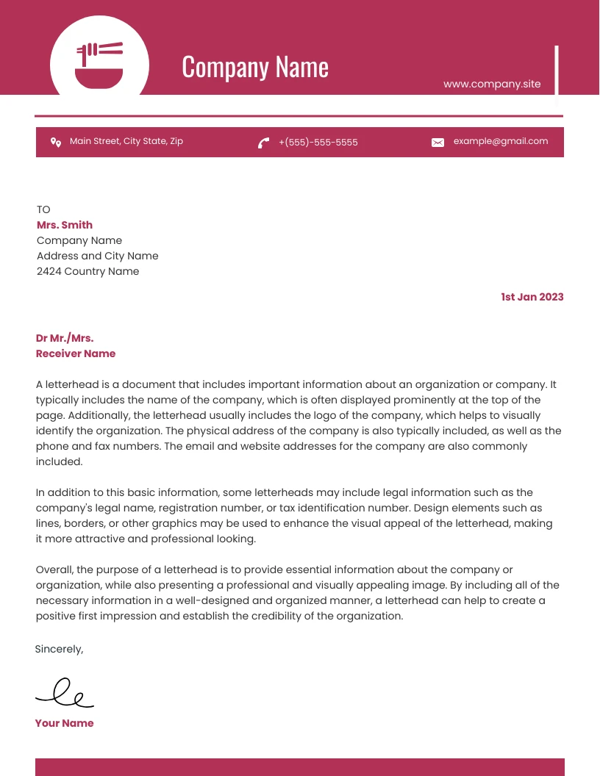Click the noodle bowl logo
[99, 65]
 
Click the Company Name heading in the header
[254, 67]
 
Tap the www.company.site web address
[492, 84]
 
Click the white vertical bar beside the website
[557, 70]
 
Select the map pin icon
[55, 142]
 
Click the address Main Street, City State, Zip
[126, 141]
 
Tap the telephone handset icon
[263, 143]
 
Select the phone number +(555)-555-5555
[318, 143]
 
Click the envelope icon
[438, 143]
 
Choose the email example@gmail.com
[500, 141]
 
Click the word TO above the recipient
[43, 209]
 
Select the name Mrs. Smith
[65, 225]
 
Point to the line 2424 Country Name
[87, 271]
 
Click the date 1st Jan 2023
[532, 297]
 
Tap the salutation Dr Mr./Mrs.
[65, 338]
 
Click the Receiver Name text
[76, 353]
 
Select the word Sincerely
[59, 649]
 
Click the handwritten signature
[65, 692]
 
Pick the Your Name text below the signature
[64, 723]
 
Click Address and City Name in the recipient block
[97, 256]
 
